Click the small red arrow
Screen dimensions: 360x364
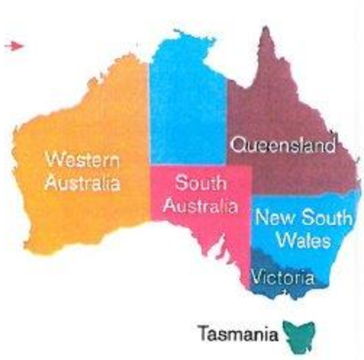coord(13,46)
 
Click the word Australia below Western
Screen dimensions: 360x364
coord(82,181)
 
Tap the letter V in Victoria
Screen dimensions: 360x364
coord(258,278)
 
